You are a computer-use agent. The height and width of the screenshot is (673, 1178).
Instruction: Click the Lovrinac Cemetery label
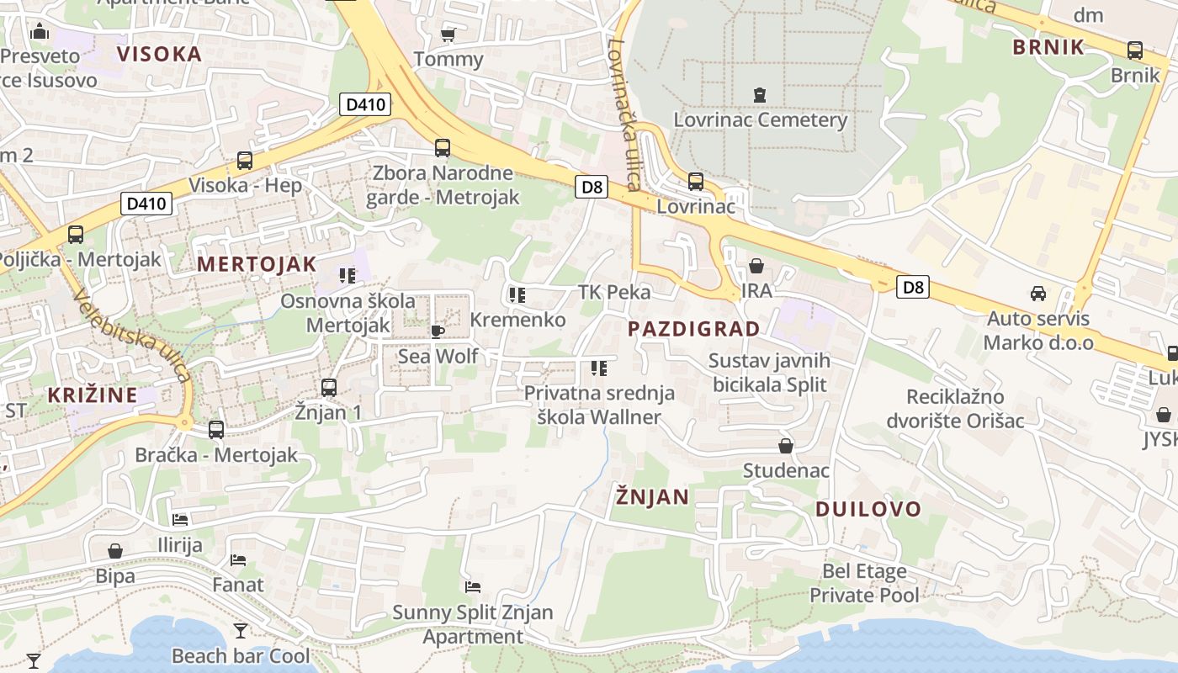pyautogui.click(x=760, y=119)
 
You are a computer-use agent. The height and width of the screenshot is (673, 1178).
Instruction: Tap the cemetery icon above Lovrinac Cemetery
pyautogui.click(x=761, y=94)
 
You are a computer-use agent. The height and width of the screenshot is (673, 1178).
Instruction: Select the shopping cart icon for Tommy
pyautogui.click(x=448, y=34)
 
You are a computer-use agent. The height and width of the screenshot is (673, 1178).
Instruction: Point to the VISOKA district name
pyautogui.click(x=160, y=55)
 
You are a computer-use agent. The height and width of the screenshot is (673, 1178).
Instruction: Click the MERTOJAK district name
pyautogui.click(x=257, y=264)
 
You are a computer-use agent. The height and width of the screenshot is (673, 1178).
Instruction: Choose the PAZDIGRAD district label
pyautogui.click(x=694, y=329)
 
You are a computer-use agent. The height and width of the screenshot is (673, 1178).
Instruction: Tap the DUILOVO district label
pyautogui.click(x=868, y=509)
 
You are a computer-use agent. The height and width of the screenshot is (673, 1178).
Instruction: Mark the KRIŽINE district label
pyautogui.click(x=93, y=395)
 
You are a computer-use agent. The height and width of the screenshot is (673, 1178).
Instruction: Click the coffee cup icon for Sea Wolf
pyautogui.click(x=437, y=331)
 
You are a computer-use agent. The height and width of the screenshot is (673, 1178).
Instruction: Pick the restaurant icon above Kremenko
pyautogui.click(x=517, y=295)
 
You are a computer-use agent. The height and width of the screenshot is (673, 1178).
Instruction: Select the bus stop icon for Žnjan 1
pyautogui.click(x=329, y=388)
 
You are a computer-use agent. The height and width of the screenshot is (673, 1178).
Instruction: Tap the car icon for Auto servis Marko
pyautogui.click(x=1038, y=294)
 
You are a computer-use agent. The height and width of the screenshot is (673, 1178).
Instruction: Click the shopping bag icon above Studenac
pyautogui.click(x=786, y=446)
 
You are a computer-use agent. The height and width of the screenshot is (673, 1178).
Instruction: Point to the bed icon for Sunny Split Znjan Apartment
pyautogui.click(x=473, y=586)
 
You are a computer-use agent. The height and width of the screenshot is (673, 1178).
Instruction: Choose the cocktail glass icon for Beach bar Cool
pyautogui.click(x=241, y=630)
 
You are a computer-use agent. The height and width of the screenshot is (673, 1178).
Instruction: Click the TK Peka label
pyautogui.click(x=614, y=292)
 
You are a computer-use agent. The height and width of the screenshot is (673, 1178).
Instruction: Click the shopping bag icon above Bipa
pyautogui.click(x=115, y=551)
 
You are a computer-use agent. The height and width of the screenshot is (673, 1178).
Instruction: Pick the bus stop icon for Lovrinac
pyautogui.click(x=696, y=181)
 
